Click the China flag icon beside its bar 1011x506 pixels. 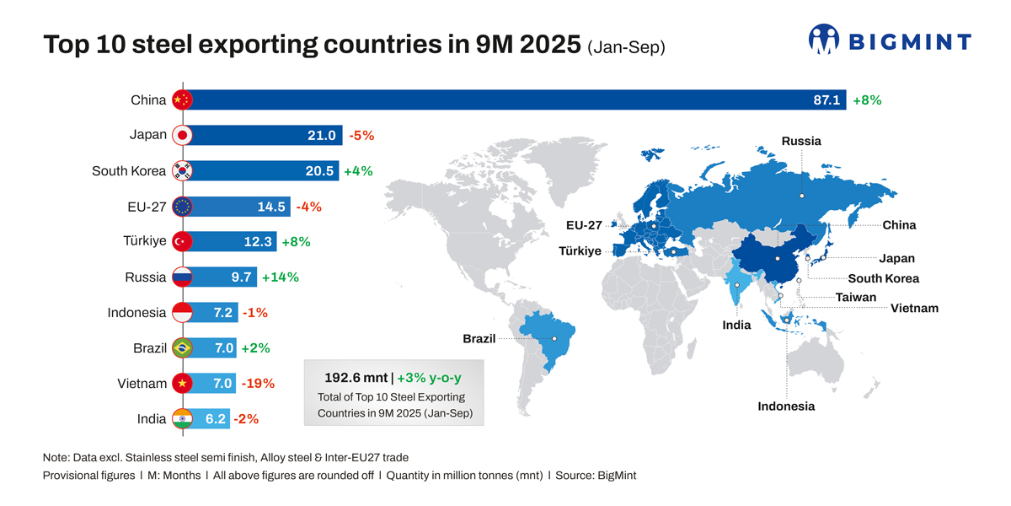[x=182, y=100]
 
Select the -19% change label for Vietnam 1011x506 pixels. [x=258, y=383]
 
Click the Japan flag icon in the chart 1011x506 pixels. [x=182, y=135]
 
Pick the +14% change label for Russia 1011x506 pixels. [x=281, y=277]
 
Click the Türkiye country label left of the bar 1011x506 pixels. [x=145, y=241]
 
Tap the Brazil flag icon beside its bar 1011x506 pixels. [x=182, y=347]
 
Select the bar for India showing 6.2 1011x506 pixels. [x=202, y=418]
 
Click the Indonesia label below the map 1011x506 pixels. [x=786, y=406]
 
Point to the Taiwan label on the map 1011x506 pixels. [x=855, y=297]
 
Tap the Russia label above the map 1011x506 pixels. [x=800, y=141]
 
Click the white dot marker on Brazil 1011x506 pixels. [x=554, y=338]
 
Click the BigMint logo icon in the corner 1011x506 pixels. [x=824, y=39]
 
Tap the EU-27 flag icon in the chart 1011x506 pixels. [x=182, y=206]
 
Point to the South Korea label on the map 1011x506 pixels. [x=883, y=278]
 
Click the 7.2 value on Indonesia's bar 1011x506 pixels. [x=223, y=312]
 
